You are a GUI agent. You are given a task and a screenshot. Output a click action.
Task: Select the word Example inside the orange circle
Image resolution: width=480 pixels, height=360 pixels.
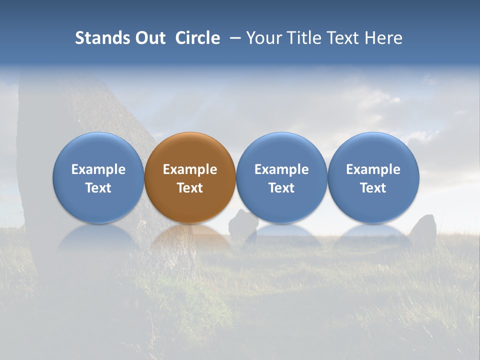coord(190,169)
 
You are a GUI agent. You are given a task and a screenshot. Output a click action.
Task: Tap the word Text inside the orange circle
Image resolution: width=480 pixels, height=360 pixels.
coord(190,188)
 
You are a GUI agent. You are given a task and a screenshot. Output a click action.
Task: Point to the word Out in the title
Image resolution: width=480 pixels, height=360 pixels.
coord(149,38)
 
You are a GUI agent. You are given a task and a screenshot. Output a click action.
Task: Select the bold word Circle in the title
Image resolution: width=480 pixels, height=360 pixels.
coord(197,38)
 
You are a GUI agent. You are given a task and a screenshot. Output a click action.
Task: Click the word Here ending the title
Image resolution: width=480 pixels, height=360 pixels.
coord(383,38)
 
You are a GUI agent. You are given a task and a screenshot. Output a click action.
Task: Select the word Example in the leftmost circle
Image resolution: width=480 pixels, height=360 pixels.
coord(98,169)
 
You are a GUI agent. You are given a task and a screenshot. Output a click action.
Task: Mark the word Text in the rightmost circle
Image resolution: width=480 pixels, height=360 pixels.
coord(373,188)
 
